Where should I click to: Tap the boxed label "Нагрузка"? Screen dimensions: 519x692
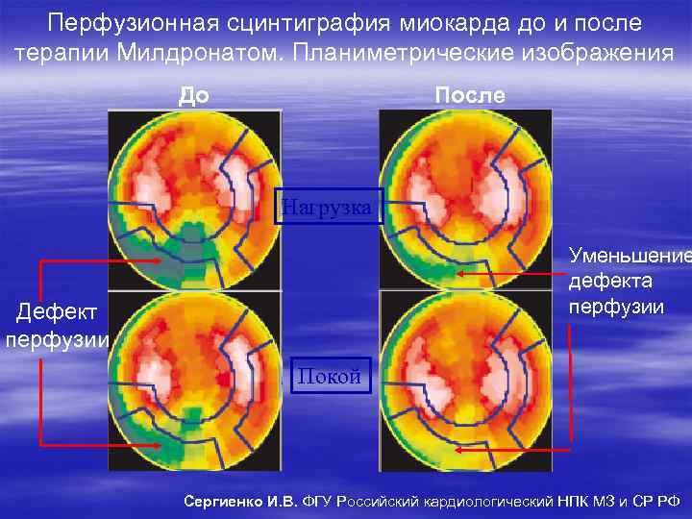pyautogui.click(x=329, y=205)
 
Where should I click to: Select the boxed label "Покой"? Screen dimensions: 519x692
pyautogui.click(x=329, y=376)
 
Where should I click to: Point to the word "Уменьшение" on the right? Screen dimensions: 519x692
pyautogui.click(x=629, y=257)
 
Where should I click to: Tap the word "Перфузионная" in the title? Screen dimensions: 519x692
pyautogui.click(x=143, y=21)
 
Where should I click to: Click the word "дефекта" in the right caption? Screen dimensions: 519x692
pyautogui.click(x=610, y=282)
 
